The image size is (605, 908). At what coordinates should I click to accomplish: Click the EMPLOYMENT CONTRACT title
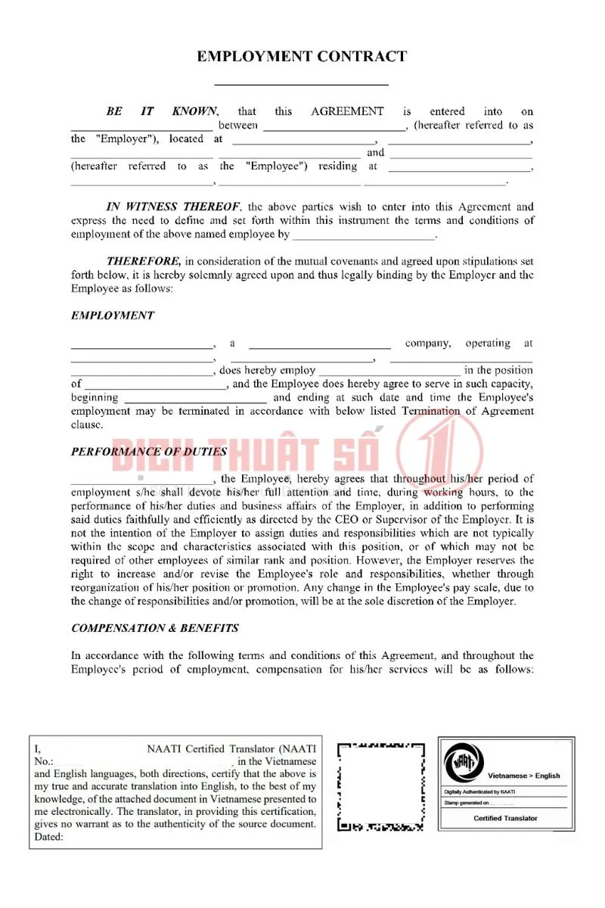[302, 56]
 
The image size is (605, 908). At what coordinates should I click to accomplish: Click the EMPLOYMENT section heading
[112, 316]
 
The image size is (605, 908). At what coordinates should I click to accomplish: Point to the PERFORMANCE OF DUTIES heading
[149, 452]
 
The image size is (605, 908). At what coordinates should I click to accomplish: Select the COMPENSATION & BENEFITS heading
[155, 628]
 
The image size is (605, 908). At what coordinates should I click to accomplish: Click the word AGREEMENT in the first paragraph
[347, 111]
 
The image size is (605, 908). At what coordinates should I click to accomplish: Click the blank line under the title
[302, 84]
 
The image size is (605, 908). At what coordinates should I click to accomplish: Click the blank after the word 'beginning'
[195, 400]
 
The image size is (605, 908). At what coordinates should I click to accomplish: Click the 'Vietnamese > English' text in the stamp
[524, 776]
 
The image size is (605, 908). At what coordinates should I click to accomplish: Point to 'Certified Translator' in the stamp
[506, 818]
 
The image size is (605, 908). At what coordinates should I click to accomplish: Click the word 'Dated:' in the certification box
[49, 837]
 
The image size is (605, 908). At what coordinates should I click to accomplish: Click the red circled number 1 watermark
[439, 453]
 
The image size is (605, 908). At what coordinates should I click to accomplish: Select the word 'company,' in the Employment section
[428, 344]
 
